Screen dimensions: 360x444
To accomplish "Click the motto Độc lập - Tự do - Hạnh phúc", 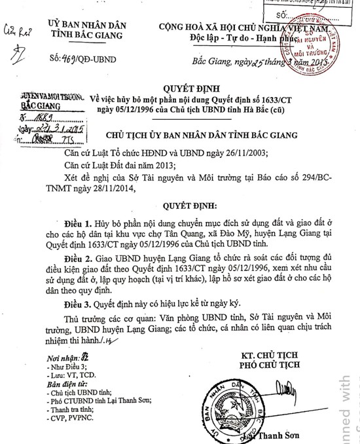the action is (x=244, y=39).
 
